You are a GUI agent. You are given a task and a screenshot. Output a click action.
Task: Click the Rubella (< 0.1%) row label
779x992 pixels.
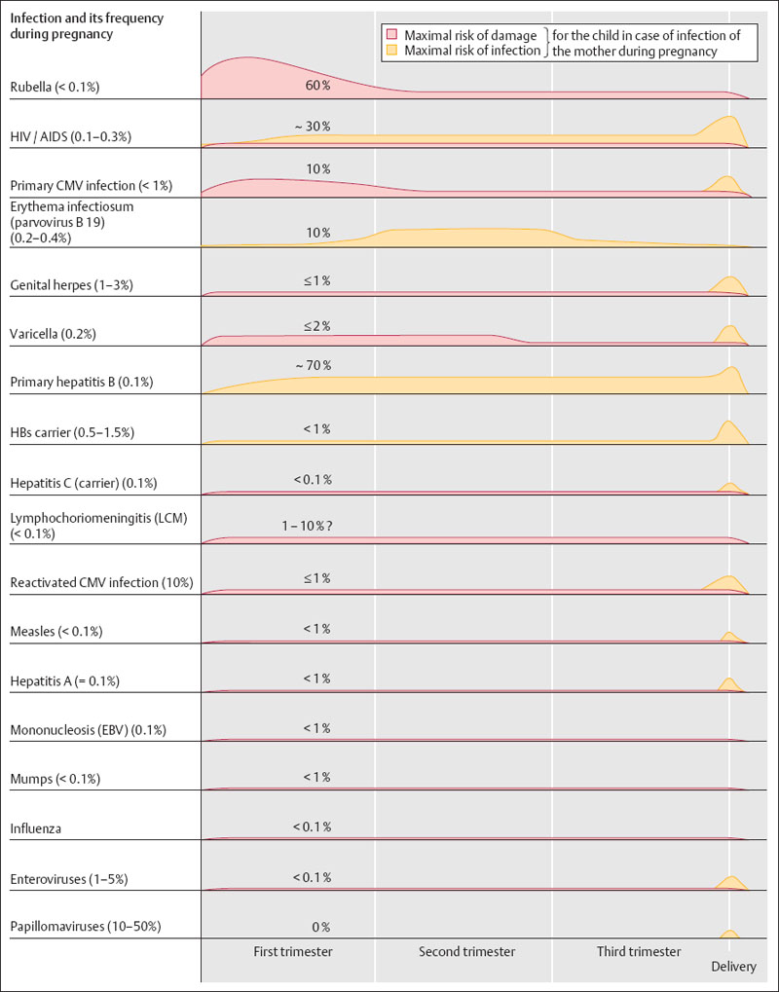(55, 88)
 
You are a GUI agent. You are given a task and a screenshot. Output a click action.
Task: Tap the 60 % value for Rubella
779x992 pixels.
(318, 86)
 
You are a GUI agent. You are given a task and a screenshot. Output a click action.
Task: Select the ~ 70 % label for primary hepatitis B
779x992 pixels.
(313, 365)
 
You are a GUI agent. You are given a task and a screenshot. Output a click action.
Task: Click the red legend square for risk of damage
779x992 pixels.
(391, 35)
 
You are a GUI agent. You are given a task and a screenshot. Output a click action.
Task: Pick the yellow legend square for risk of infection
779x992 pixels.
(391, 51)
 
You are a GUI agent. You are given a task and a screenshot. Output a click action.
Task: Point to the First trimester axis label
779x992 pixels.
(292, 951)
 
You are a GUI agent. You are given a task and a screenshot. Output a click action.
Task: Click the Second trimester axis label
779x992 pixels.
(466, 951)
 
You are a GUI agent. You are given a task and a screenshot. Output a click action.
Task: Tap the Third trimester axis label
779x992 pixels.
(639, 951)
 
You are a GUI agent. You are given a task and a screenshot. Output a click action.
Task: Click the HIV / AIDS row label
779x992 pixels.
(69, 137)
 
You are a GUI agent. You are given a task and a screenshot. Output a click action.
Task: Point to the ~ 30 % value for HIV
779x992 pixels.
(313, 127)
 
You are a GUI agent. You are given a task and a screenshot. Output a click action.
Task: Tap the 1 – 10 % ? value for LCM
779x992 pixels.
(313, 526)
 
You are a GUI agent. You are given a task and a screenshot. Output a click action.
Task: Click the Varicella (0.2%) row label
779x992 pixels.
(57, 335)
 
